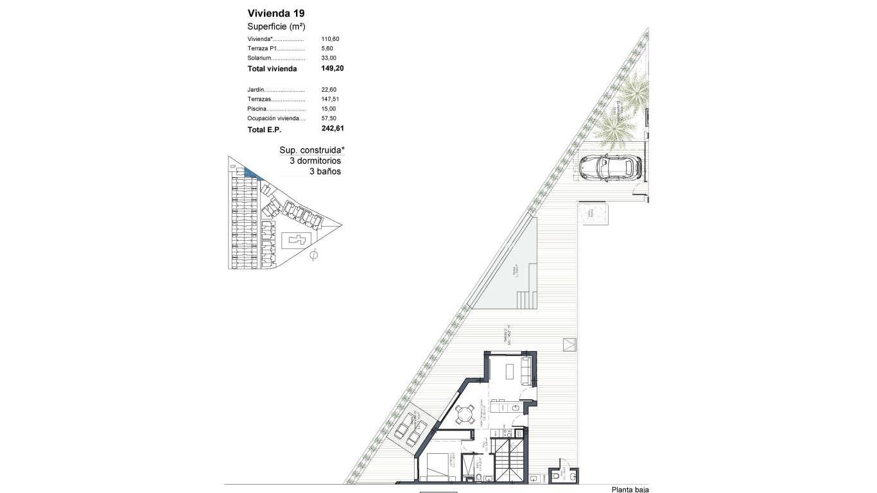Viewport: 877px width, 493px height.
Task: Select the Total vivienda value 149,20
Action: (333, 68)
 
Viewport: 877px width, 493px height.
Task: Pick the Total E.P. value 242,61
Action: (333, 129)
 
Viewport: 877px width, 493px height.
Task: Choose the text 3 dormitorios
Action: (315, 161)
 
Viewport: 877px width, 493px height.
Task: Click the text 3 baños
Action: (325, 172)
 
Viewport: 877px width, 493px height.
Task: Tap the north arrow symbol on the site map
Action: (313, 255)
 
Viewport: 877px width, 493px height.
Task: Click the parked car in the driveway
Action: (611, 167)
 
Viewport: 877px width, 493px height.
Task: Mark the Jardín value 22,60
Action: (328, 90)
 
